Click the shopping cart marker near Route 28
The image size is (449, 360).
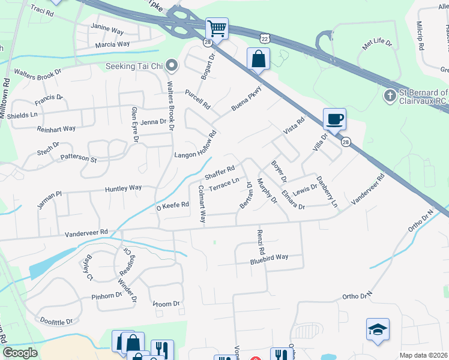coord(217,28)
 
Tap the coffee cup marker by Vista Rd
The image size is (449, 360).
coord(335,118)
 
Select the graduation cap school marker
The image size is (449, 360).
coord(378,329)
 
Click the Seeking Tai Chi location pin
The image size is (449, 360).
coord(172,65)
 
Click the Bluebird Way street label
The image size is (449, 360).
coord(270,259)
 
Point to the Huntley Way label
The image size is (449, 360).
coord(123,188)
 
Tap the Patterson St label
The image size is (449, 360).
coord(78,158)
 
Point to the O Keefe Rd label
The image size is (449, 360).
coord(173,205)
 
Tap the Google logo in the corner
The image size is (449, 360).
coord(20,353)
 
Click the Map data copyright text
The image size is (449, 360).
coord(424,355)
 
